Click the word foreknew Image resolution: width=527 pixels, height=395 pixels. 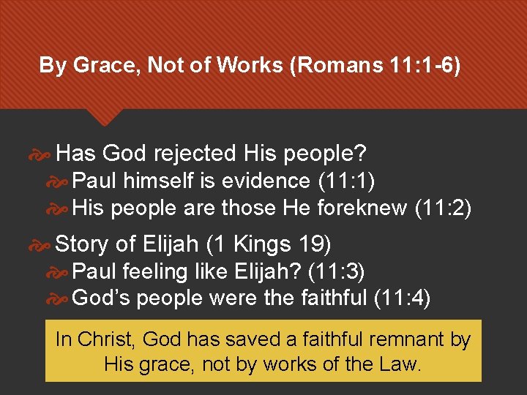362,208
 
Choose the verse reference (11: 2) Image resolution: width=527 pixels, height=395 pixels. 442,208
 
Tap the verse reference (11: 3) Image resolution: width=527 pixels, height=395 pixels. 336,272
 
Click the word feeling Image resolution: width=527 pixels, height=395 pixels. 152,272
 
